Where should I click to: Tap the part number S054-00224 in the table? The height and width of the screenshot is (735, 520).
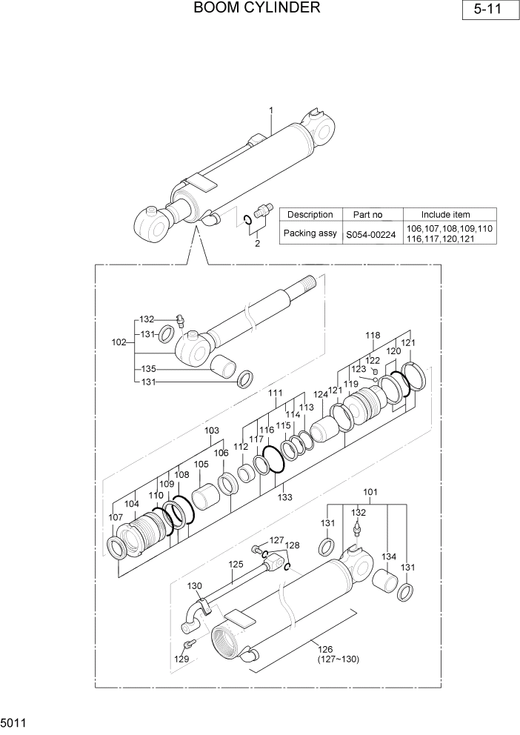pyautogui.click(x=374, y=233)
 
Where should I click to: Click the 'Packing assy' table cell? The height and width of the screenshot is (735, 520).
pyautogui.click(x=310, y=233)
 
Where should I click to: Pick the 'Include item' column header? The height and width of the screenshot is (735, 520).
pyautogui.click(x=450, y=214)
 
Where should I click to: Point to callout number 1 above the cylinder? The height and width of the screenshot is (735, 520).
pyautogui.click(x=271, y=110)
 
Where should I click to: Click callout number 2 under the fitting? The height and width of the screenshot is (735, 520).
pyautogui.click(x=257, y=243)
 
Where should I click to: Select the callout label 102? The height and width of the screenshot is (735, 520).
pyautogui.click(x=119, y=342)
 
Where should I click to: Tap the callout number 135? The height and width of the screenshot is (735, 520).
pyautogui.click(x=148, y=368)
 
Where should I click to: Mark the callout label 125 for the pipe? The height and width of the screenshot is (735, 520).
pyautogui.click(x=235, y=564)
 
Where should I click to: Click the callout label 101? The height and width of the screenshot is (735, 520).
pyautogui.click(x=370, y=491)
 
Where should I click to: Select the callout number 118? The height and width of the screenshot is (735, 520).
pyautogui.click(x=373, y=336)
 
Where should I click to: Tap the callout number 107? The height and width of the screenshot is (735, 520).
pyautogui.click(x=116, y=517)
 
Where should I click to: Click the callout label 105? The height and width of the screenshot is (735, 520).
pyautogui.click(x=201, y=465)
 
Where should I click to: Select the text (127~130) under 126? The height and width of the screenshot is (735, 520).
pyautogui.click(x=338, y=659)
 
